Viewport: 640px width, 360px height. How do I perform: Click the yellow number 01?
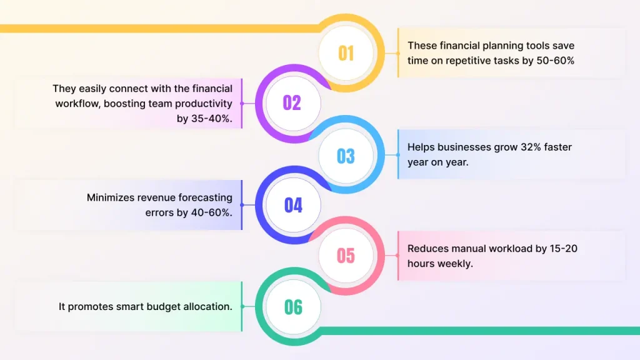click(x=346, y=54)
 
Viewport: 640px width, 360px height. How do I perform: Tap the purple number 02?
click(x=292, y=103)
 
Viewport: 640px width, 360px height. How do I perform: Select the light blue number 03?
click(x=346, y=156)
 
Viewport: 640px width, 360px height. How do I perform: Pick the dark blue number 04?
click(x=293, y=205)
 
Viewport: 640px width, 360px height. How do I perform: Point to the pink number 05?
click(x=346, y=256)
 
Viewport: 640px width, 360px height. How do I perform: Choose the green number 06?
click(x=293, y=307)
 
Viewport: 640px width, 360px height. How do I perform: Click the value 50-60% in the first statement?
click(x=555, y=61)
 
